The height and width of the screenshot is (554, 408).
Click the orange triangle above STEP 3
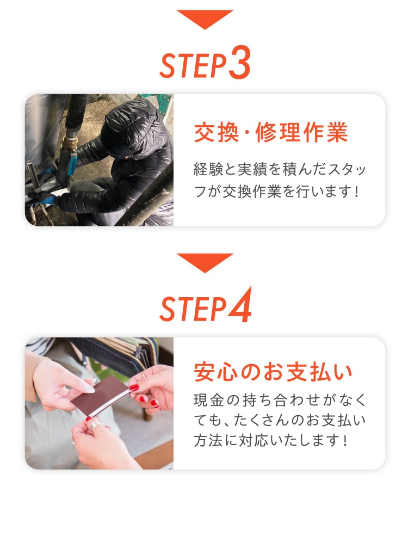pyautogui.click(x=205, y=18)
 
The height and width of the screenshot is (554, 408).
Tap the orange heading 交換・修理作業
pyautogui.click(x=270, y=133)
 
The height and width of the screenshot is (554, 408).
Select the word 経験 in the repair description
pyautogui.click(x=206, y=170)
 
